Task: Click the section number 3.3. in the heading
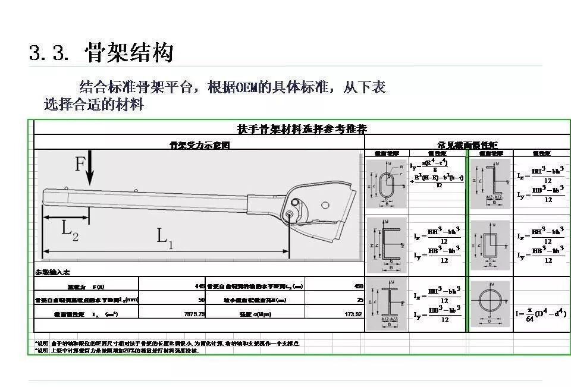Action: point(49,52)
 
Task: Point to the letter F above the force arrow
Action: point(80,163)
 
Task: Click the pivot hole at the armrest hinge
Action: point(290,214)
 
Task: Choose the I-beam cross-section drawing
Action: point(387,303)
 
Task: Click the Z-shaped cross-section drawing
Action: point(491,182)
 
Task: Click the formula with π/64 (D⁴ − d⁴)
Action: point(541,310)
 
